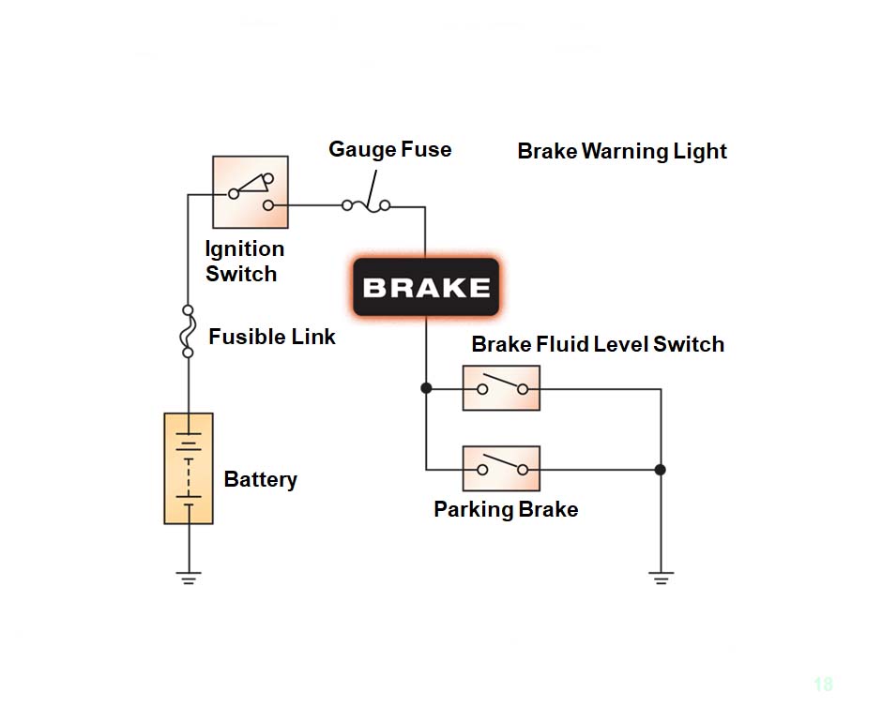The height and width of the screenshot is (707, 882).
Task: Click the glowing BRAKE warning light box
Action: pos(425,287)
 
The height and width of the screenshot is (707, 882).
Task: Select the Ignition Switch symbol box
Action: pos(250,192)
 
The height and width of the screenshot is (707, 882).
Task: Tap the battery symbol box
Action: pos(189,468)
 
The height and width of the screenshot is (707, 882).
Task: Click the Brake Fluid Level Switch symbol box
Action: pos(501,388)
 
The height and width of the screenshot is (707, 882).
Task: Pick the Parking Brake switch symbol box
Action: pos(501,469)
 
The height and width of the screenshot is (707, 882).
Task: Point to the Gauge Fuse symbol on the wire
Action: pos(366,204)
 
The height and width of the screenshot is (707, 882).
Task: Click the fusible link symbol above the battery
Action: pos(188,331)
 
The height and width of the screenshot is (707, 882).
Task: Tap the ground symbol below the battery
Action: pos(189,577)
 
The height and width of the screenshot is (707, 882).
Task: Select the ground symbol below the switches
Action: pos(661,577)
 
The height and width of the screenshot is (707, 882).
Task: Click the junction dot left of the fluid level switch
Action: pos(426,388)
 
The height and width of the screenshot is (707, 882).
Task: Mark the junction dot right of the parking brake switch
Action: pos(661,469)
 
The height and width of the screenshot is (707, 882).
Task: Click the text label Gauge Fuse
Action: pos(389,149)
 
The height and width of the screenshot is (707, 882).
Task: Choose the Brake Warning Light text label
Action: pos(622,151)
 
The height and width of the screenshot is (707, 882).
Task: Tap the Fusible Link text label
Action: pos(272,337)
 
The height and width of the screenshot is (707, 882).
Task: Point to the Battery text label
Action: pos(260,480)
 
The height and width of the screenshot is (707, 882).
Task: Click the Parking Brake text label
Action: pos(506,510)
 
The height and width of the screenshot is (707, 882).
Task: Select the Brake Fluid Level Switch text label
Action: pos(598,344)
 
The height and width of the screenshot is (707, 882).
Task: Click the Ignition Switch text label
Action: pos(243,262)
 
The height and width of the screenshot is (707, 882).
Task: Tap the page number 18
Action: pos(823,684)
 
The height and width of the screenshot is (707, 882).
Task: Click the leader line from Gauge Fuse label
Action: pos(373,182)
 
